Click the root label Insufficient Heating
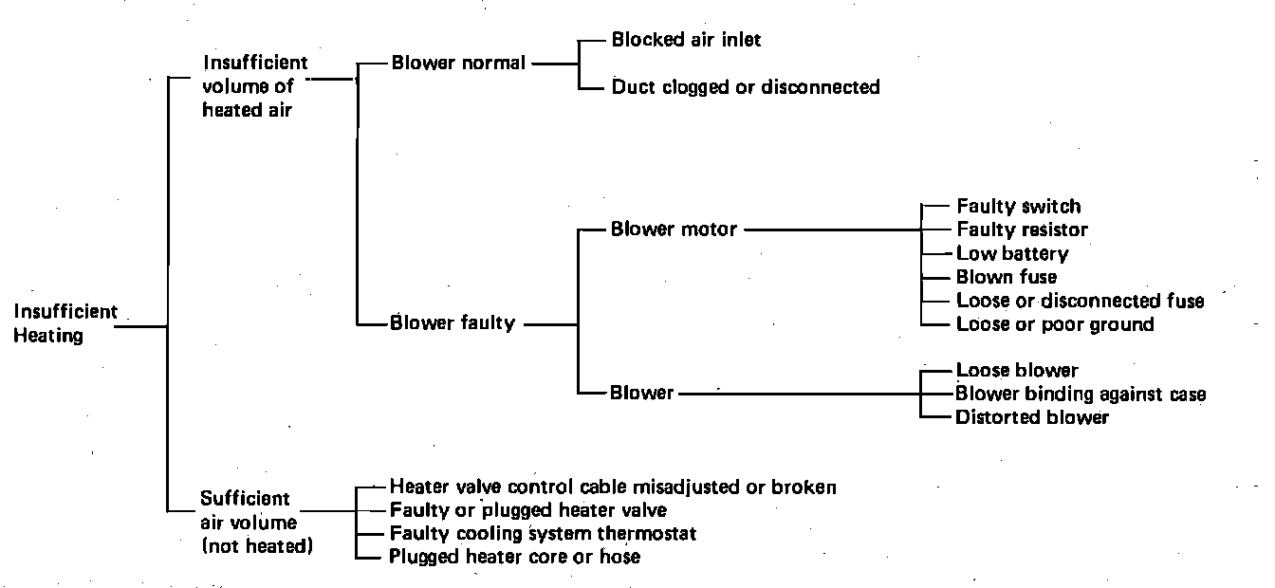coord(65,323)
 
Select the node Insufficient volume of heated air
coord(255,86)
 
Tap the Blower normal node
coord(458,64)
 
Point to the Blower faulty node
coord(453,323)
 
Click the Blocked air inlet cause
coord(686,40)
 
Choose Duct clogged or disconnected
coord(746,87)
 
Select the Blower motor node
coord(674,230)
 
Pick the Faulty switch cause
coord(1018,206)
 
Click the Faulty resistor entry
coord(1022,230)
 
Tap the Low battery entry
coord(1012,253)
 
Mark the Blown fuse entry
coord(1006,277)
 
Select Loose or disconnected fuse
coord(1080,301)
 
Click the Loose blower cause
coord(1017,370)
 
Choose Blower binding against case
coord(1081,394)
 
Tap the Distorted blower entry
coord(1032,417)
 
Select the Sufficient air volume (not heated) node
coord(256,523)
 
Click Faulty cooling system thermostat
coord(543,534)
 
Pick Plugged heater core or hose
coord(514,557)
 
